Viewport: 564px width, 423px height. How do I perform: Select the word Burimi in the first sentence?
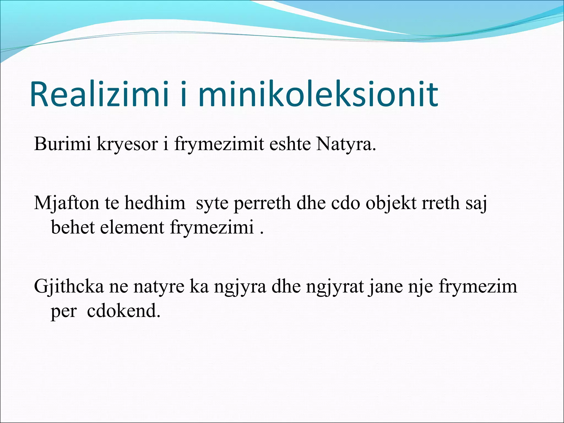tap(62, 144)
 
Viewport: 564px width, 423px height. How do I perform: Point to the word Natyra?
tap(346, 144)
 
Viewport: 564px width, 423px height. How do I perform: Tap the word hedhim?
tap(155, 203)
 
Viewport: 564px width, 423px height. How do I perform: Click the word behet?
tap(73, 227)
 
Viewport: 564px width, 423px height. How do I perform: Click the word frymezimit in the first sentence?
tap(219, 144)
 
